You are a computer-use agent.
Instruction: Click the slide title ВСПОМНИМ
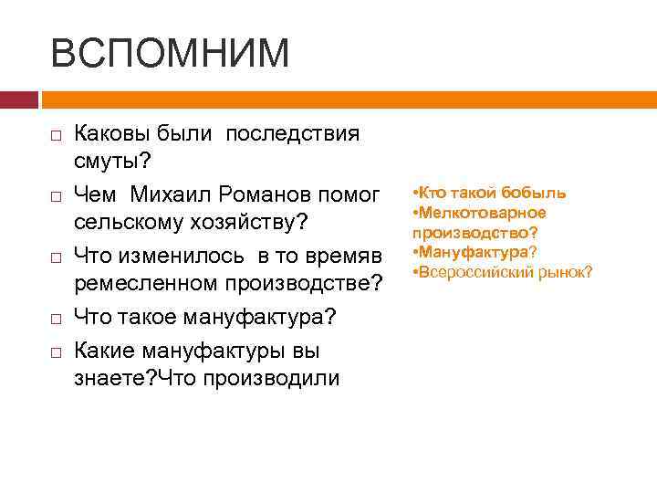click(170, 53)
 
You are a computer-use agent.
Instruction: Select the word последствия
click(293, 134)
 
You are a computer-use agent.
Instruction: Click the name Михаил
click(171, 194)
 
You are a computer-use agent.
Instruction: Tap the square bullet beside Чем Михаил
click(56, 195)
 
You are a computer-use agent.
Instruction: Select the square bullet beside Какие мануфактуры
click(56, 351)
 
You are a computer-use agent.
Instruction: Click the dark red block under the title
click(18, 99)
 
